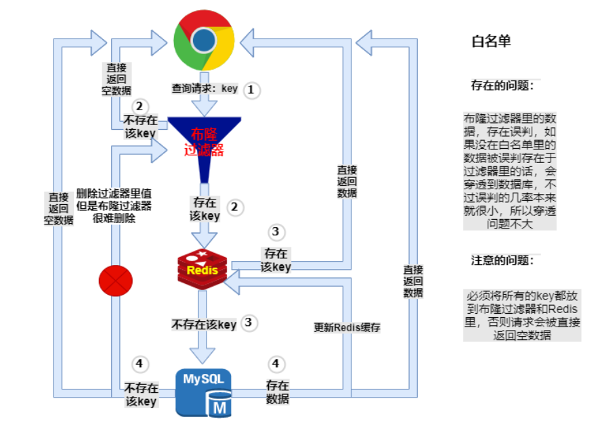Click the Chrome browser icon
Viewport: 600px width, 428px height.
tap(204, 41)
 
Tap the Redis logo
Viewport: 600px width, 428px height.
tap(202, 269)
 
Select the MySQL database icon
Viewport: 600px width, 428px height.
tap(203, 391)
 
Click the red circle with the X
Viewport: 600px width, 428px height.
tap(116, 281)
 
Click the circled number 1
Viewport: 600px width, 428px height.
tap(252, 89)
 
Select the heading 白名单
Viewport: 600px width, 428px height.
tap(491, 41)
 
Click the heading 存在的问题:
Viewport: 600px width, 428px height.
tap(502, 86)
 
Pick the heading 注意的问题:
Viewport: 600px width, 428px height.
tap(502, 260)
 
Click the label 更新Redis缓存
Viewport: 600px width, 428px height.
tap(347, 327)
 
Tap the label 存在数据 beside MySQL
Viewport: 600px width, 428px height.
tap(278, 391)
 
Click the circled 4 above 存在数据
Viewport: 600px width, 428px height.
tap(275, 364)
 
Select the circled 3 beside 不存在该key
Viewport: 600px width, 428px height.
tap(249, 323)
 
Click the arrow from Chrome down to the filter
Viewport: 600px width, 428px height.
tap(204, 105)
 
